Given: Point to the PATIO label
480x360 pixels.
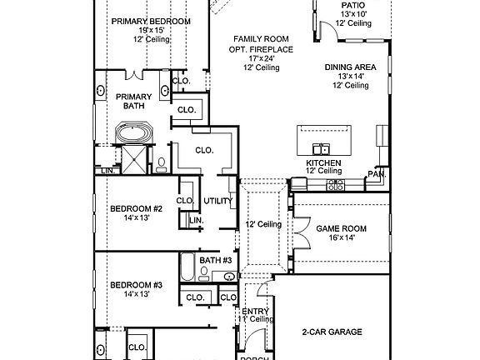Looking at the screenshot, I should (352, 5).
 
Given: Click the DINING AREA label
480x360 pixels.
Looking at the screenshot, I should (351, 66).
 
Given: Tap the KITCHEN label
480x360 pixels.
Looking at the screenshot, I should (323, 162).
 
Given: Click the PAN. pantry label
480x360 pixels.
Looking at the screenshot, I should (376, 174).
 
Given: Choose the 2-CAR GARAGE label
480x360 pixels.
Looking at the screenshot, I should (332, 332).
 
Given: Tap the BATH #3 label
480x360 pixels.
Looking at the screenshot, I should (214, 261).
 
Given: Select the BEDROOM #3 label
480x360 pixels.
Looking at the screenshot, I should (136, 285).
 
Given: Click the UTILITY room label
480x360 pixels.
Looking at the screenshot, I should (218, 201).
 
